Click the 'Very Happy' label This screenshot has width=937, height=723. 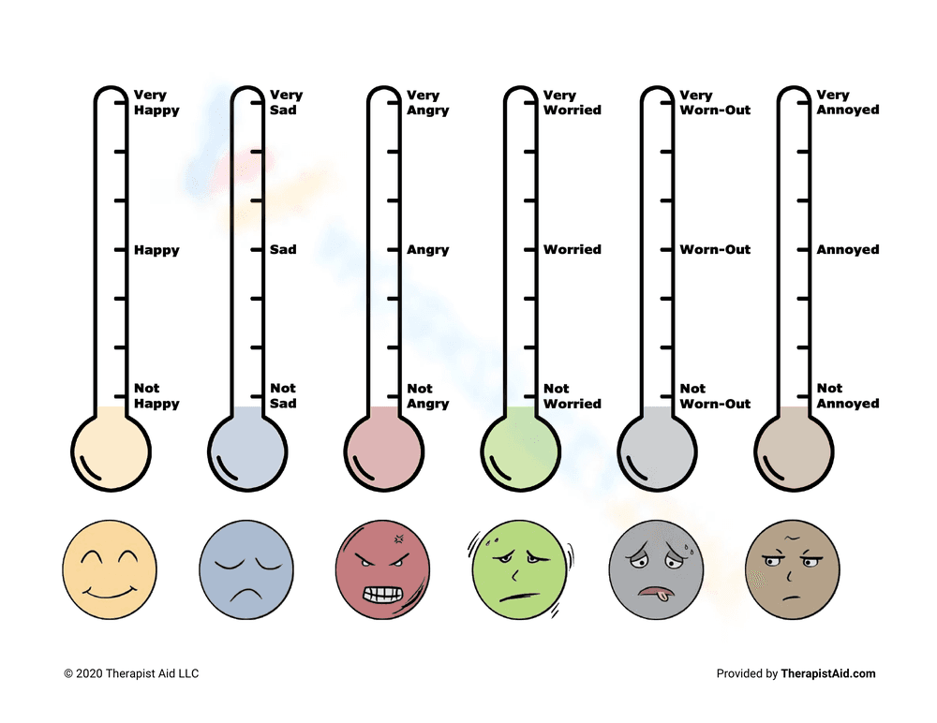(x=156, y=102)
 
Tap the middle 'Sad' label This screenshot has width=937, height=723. (x=283, y=250)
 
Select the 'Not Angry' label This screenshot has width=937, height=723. (x=427, y=396)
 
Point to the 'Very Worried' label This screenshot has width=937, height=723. (x=572, y=102)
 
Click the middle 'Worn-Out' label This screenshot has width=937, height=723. (x=715, y=250)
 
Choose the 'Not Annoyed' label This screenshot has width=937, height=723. (x=847, y=396)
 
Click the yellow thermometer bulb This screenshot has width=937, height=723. (x=111, y=451)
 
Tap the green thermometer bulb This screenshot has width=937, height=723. (x=520, y=451)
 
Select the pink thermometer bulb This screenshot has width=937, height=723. (x=383, y=451)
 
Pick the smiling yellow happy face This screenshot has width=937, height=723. (x=110, y=572)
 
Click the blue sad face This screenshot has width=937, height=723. (x=246, y=572)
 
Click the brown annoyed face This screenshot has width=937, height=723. (x=793, y=572)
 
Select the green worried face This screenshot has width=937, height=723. (x=520, y=572)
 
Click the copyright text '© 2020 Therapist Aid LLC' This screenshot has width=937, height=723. (x=131, y=673)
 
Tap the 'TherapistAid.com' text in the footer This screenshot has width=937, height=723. (x=828, y=673)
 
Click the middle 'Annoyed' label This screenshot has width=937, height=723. (x=847, y=250)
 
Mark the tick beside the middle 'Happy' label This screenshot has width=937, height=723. (x=119, y=250)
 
